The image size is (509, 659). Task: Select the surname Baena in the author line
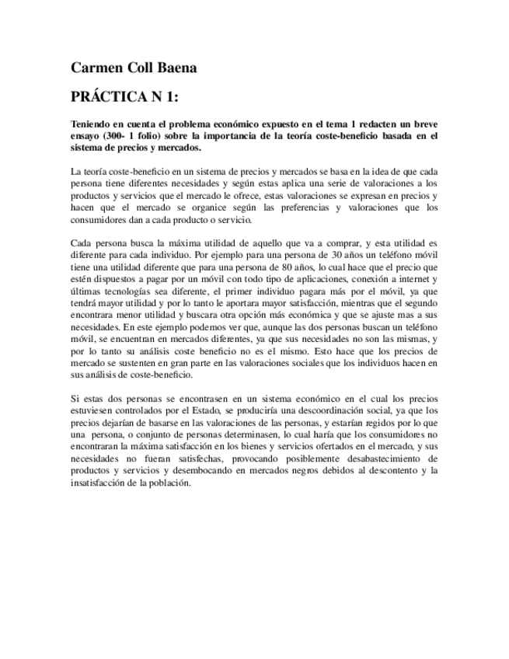pyautogui.click(x=174, y=68)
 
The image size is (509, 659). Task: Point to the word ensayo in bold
pyautogui.click(x=87, y=135)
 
